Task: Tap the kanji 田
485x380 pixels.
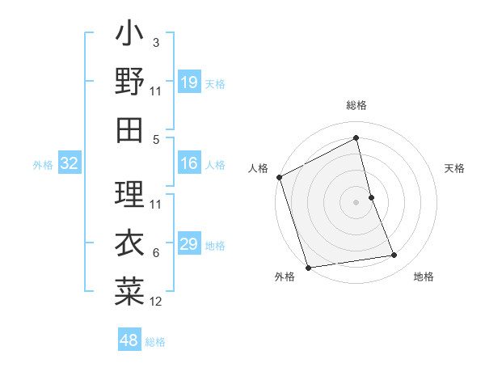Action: click(x=129, y=129)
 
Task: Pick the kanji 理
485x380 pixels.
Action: click(x=129, y=192)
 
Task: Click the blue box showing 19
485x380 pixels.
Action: click(x=188, y=82)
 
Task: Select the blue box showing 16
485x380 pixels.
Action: click(x=188, y=164)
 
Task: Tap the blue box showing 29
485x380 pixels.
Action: click(x=188, y=245)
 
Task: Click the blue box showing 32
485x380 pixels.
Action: click(x=70, y=164)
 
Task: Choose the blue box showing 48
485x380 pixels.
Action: click(x=129, y=340)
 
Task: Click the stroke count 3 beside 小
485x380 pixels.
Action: click(x=156, y=42)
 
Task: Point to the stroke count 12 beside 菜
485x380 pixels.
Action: click(x=156, y=302)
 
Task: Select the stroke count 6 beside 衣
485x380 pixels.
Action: click(x=156, y=253)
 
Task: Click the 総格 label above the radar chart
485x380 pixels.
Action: click(x=356, y=105)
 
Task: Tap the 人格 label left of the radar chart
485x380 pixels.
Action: click(x=259, y=168)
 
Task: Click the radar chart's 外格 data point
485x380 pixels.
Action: click(x=308, y=268)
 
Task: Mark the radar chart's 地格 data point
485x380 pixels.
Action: click(x=394, y=255)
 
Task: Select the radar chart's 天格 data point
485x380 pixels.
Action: click(x=371, y=197)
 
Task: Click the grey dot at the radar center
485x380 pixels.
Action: click(x=356, y=201)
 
